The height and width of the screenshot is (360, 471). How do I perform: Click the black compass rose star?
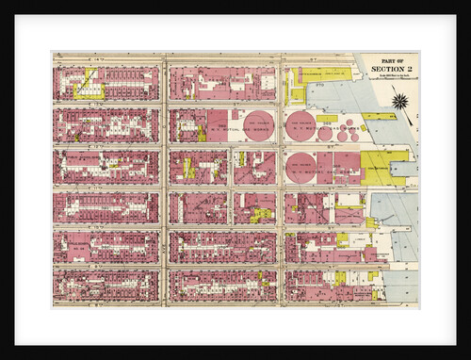pos(398,101)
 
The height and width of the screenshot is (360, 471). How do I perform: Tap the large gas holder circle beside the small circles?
pos(300,125)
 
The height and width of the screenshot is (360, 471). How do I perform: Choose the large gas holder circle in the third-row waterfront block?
pos(300,167)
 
